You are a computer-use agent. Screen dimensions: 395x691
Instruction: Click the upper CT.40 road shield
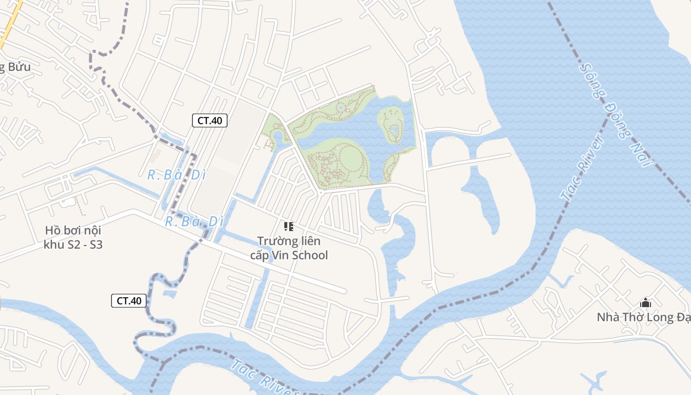point(209,120)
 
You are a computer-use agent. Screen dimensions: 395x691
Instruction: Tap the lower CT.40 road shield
point(129,300)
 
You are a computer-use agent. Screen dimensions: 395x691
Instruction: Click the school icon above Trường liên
point(289,227)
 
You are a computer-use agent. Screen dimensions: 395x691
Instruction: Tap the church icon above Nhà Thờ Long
point(645,303)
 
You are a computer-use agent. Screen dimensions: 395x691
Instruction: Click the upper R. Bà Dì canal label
point(176,175)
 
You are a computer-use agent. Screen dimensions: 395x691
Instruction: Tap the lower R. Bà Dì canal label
point(191,222)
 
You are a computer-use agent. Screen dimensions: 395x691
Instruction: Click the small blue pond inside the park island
point(394,131)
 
